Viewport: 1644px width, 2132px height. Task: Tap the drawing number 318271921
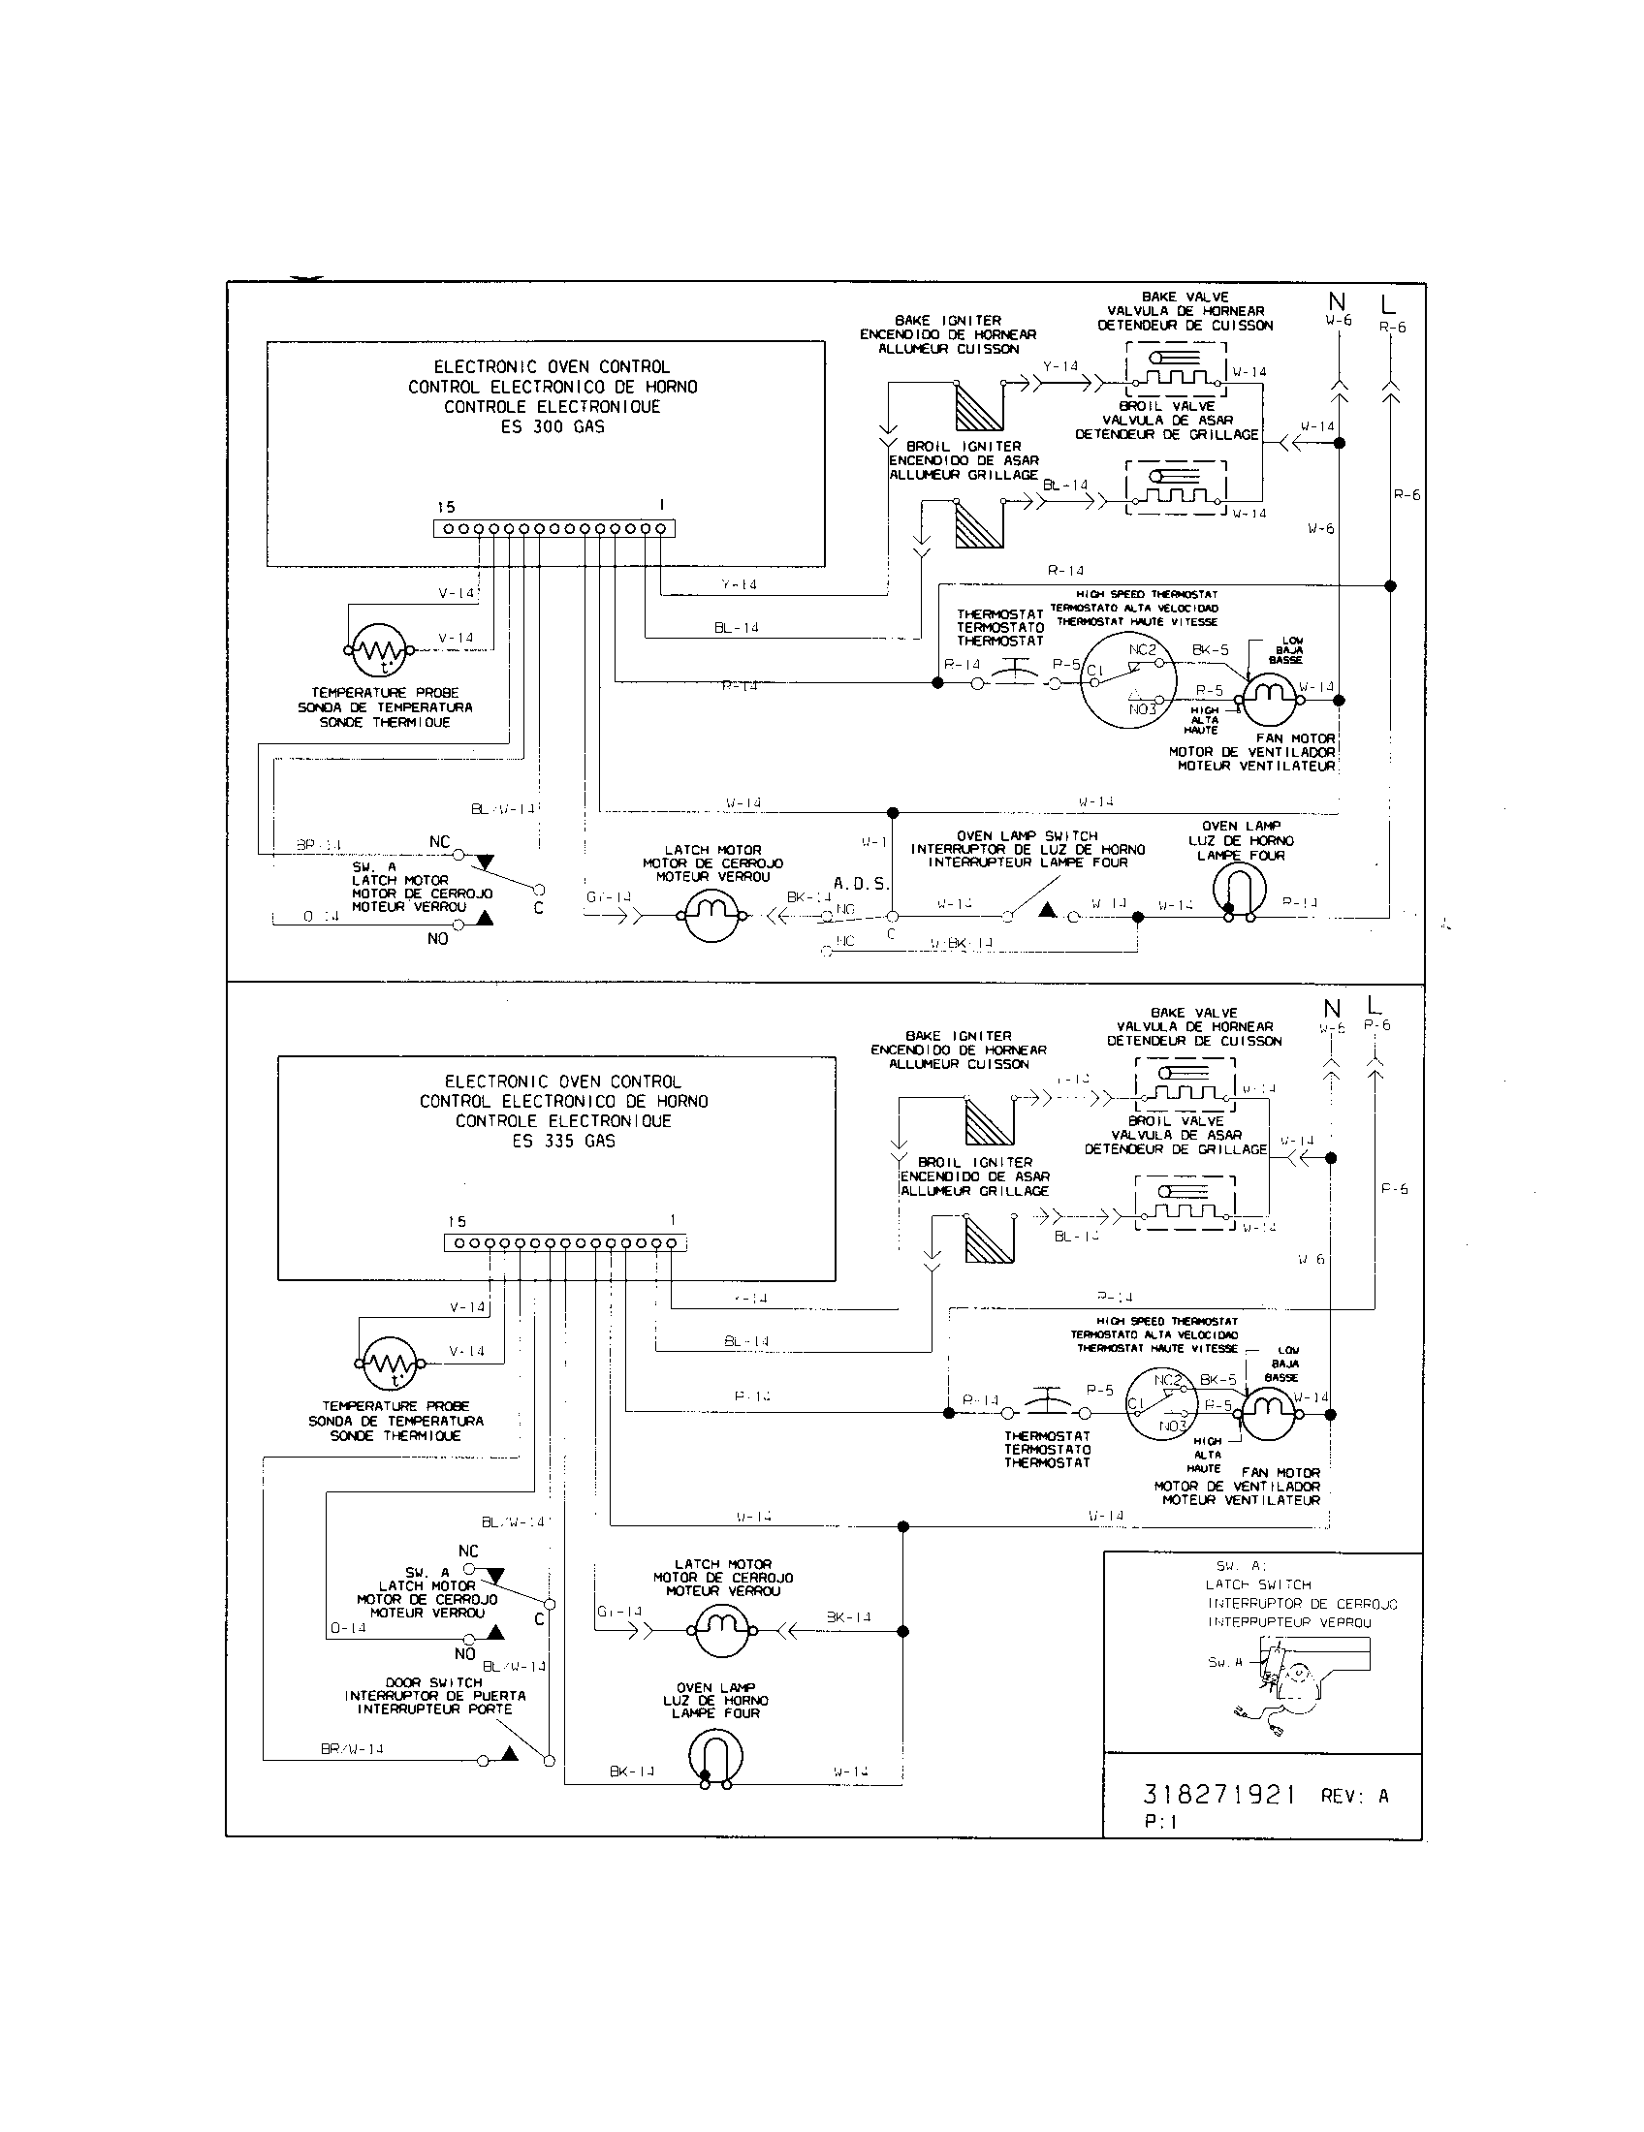click(1219, 1794)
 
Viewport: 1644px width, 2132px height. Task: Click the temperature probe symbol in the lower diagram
click(389, 1363)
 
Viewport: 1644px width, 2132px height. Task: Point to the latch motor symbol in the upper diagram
click(711, 916)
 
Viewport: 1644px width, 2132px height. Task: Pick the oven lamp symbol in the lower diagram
click(715, 1759)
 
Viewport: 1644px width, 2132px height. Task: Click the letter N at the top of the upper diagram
click(1337, 301)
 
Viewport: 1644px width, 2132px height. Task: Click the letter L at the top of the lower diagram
click(1375, 1006)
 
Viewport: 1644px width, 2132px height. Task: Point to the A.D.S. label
click(861, 884)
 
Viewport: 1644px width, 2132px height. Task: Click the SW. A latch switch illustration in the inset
click(1286, 1685)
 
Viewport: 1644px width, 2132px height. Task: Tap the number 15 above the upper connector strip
click(446, 507)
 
